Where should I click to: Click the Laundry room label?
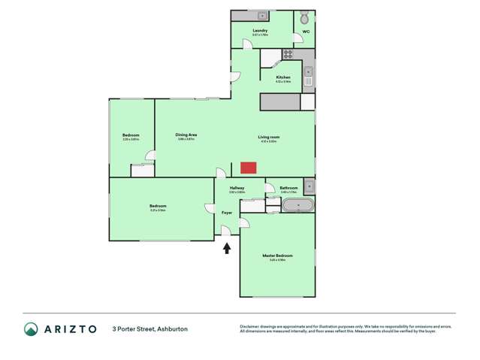pyautogui.click(x=260, y=31)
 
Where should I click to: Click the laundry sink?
pyautogui.click(x=262, y=16)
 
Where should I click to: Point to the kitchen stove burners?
pyautogui.click(x=287, y=53)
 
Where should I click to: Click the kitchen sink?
pyautogui.click(x=308, y=76)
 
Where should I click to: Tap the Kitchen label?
pyautogui.click(x=283, y=77)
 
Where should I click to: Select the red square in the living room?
pyautogui.click(x=248, y=168)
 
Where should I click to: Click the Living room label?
pyautogui.click(x=268, y=137)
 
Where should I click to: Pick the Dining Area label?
pyautogui.click(x=186, y=135)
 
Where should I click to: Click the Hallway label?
pyautogui.click(x=237, y=188)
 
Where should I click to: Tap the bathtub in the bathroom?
pyautogui.click(x=297, y=205)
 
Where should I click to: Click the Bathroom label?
pyautogui.click(x=289, y=188)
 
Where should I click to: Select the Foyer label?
pyautogui.click(x=227, y=213)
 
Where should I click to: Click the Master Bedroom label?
pyautogui.click(x=277, y=256)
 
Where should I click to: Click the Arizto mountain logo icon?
pyautogui.click(x=30, y=328)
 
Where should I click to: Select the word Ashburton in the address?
pyautogui.click(x=171, y=329)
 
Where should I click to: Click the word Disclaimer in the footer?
pyautogui.click(x=249, y=326)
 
